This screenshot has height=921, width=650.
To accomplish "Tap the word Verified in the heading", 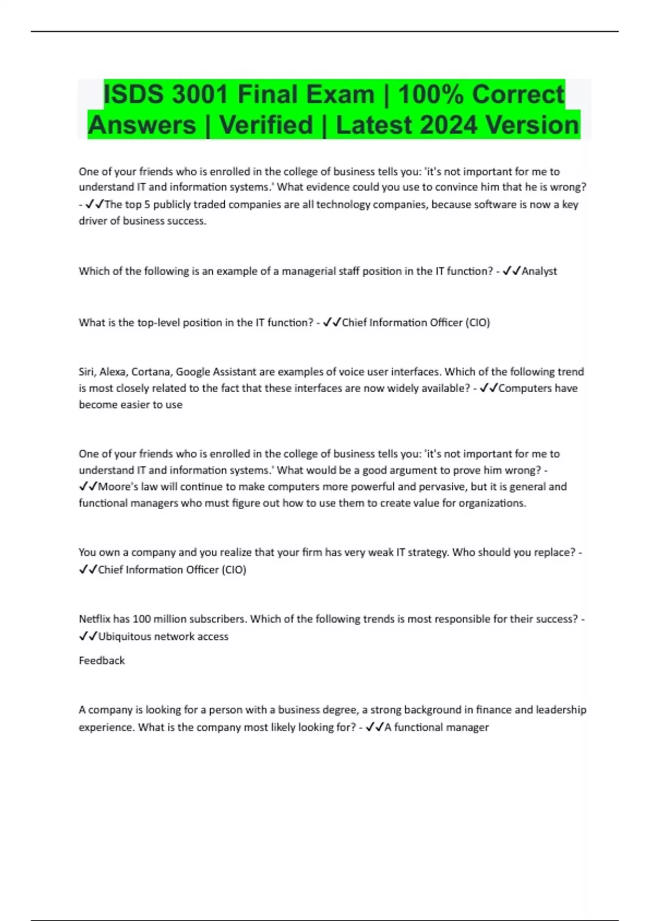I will coord(266,125).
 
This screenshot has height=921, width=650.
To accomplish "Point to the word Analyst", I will coord(539,271).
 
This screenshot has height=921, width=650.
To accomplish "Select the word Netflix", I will coord(94,619).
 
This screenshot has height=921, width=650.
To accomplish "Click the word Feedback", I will coord(102,660).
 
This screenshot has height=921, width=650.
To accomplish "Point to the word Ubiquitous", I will coord(124,636).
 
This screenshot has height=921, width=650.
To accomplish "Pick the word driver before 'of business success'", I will coord(93,221).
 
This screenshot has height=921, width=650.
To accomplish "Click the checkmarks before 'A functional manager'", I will coord(375,727).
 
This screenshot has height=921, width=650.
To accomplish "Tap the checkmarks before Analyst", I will coord(511,271).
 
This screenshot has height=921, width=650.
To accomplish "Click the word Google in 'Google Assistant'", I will coord(193,372).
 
